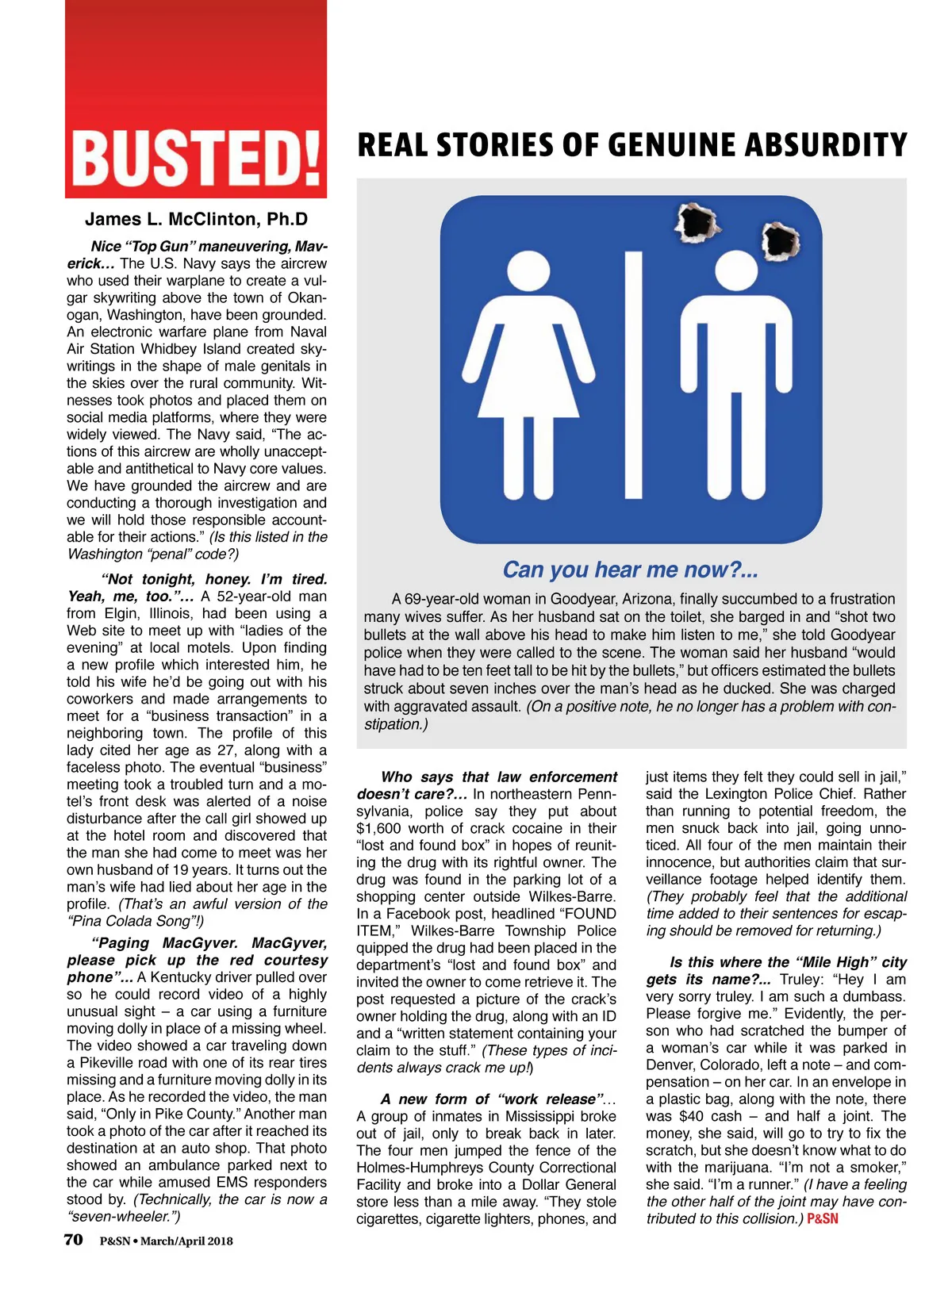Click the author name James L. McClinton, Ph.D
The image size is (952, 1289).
196,220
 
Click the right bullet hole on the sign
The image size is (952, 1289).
781,241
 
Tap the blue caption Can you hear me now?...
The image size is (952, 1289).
631,570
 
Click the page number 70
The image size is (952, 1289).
74,1239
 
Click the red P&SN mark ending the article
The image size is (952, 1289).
823,1218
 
